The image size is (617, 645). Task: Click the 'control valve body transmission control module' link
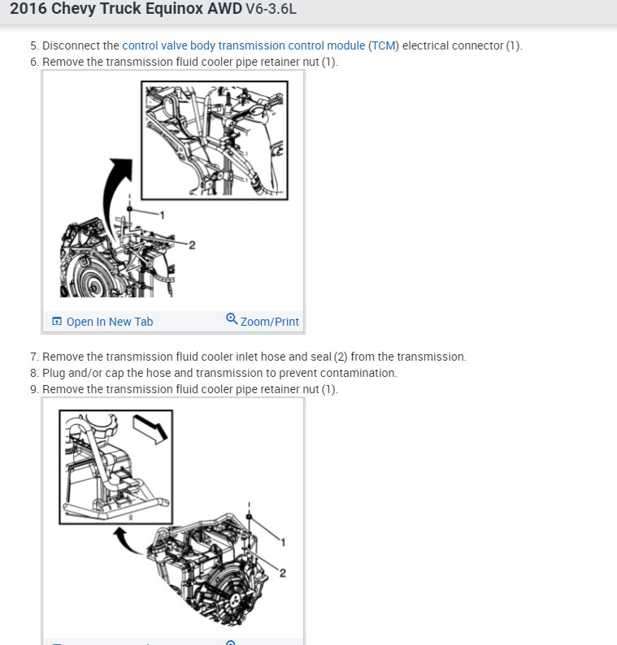click(x=244, y=45)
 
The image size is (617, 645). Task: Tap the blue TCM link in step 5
click(x=384, y=45)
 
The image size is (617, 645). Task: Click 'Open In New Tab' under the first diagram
click(x=110, y=322)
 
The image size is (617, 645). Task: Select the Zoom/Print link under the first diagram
click(x=270, y=322)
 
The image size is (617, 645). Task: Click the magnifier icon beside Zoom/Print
click(x=232, y=318)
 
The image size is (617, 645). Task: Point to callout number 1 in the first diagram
click(x=162, y=215)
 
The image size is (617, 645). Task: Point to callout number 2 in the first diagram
click(x=192, y=245)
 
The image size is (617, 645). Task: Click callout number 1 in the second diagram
click(x=283, y=543)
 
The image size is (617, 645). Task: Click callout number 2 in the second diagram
click(x=283, y=573)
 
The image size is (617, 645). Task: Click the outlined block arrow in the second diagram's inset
click(x=150, y=429)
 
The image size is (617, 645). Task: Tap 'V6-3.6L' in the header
click(x=271, y=9)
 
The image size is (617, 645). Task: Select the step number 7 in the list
click(x=34, y=357)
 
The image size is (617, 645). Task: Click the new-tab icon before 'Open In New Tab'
click(x=57, y=321)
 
